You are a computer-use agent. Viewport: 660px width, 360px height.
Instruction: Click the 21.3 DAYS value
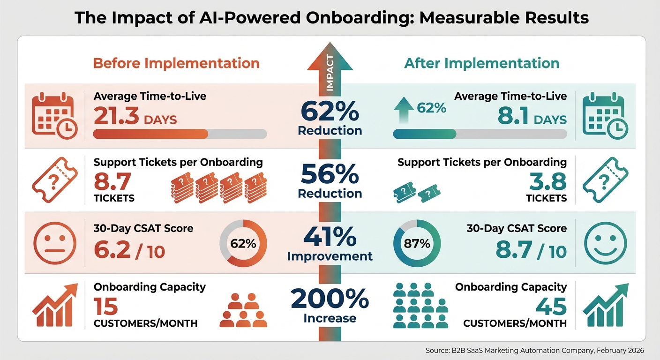coord(135,116)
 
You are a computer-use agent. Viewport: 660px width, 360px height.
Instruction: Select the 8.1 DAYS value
coord(532,116)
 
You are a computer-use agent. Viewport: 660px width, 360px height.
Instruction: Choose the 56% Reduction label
coord(330,182)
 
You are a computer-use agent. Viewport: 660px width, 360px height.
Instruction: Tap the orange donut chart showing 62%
coord(243,244)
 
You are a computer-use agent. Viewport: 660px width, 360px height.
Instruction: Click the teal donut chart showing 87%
coord(417,244)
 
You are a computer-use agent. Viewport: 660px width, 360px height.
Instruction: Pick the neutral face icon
coord(54,244)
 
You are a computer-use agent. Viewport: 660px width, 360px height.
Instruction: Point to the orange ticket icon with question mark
coord(54,180)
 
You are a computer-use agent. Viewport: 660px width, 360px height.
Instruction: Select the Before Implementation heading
coord(176,63)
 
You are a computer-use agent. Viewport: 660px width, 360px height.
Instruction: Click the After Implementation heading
coord(481,63)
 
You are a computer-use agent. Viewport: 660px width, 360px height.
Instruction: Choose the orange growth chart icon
coord(54,305)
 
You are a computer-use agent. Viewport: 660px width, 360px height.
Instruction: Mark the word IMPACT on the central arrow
coord(330,73)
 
